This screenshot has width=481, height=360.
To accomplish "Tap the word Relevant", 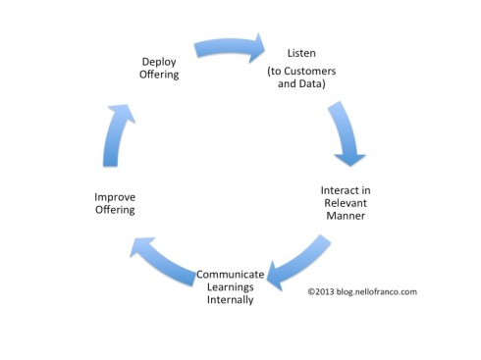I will (346, 202).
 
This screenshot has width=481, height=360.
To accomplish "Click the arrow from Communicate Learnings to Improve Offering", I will (163, 259).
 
